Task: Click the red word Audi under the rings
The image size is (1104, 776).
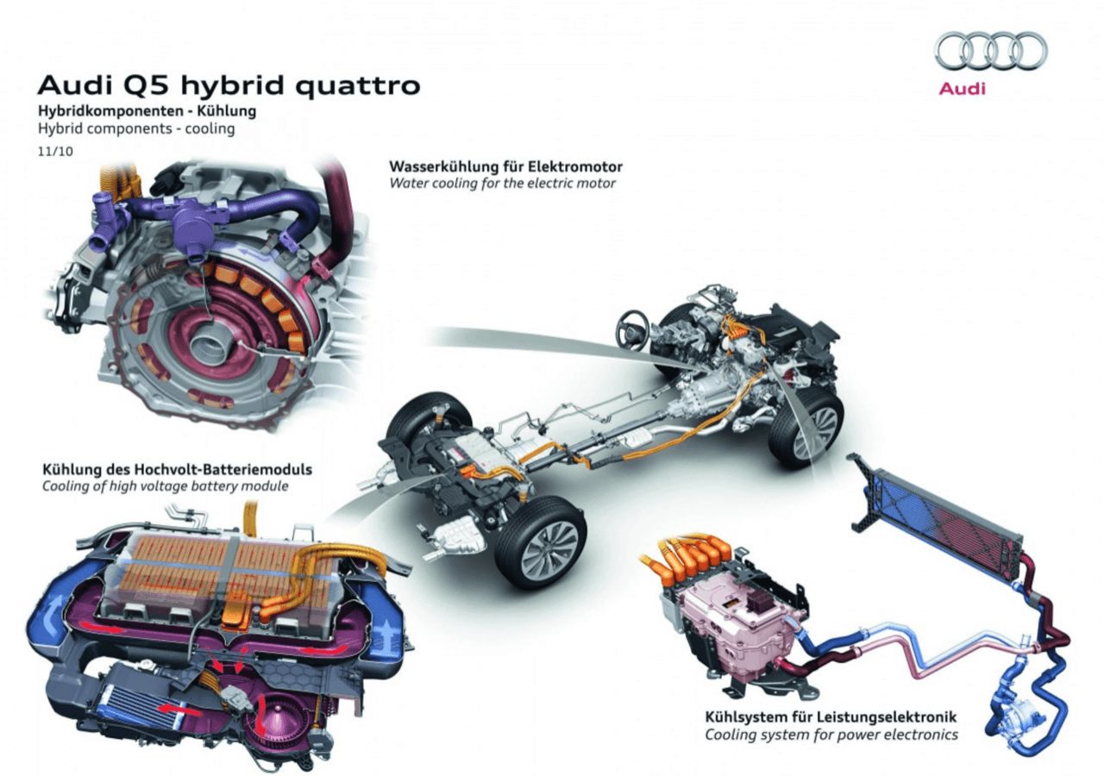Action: point(962,89)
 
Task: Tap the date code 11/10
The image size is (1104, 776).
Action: point(55,151)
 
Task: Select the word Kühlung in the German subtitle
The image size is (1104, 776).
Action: point(227,111)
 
